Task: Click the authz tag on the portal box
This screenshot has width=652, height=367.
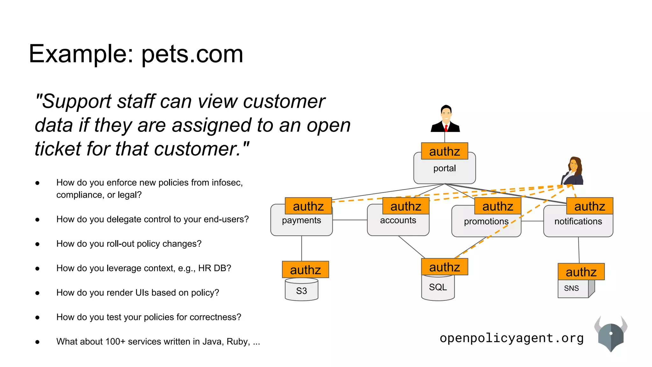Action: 444,151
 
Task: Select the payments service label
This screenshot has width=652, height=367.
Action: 301,220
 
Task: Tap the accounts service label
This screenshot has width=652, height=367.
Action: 398,220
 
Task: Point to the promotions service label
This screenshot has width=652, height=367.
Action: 486,221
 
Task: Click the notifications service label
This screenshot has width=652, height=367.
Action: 578,221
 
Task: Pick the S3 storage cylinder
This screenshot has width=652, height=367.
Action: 301,290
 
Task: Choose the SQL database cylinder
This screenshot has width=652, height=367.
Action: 438,288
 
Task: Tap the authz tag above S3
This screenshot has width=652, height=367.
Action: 305,270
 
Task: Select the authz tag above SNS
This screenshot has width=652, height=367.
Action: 581,272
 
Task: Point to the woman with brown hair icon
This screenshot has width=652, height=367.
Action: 573,171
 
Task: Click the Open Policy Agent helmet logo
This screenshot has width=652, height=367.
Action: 611,335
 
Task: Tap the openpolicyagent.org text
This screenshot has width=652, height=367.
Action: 512,338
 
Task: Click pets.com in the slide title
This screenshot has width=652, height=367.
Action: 192,54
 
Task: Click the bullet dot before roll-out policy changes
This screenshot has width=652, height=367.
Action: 38,244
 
